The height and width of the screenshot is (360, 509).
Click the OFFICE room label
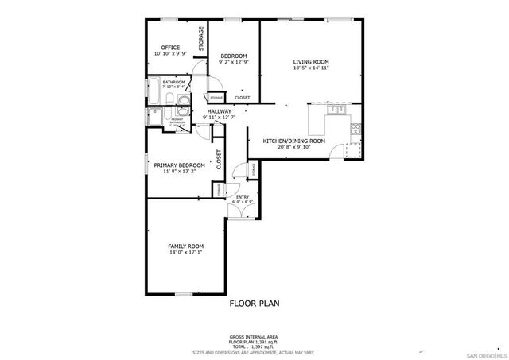(170, 48)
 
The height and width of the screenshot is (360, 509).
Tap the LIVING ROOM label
(310, 61)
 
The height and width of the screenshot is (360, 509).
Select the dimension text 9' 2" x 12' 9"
(234, 61)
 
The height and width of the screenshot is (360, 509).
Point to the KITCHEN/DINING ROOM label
(294, 141)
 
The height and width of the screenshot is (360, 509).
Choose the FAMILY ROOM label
(185, 246)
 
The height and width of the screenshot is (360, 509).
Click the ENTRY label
(242, 197)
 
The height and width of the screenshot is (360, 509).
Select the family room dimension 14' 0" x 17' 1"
(185, 254)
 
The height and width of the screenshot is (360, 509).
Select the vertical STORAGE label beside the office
(201, 38)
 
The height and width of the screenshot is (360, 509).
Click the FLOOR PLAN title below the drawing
(254, 303)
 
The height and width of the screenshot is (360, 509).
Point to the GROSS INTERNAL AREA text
(254, 338)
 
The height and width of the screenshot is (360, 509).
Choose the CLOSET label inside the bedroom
(242, 98)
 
